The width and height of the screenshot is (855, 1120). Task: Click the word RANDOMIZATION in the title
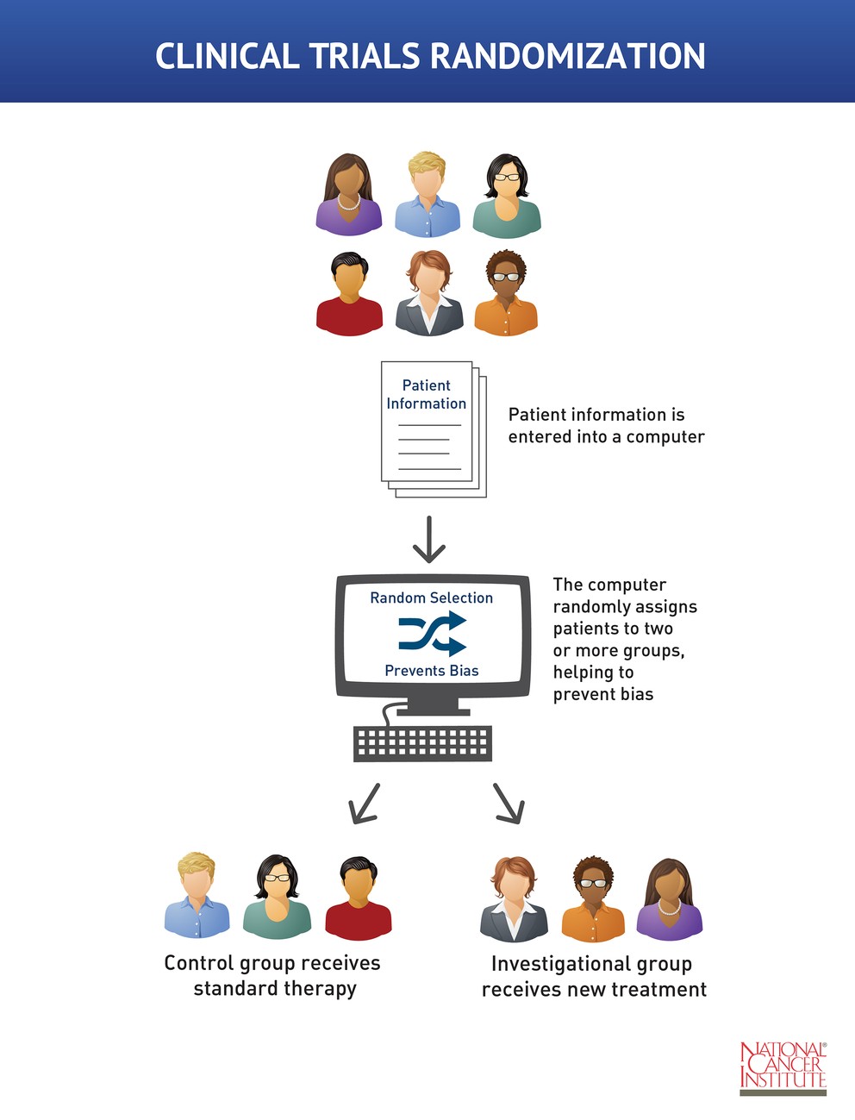point(567,56)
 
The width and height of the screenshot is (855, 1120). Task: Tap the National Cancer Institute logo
point(783,1067)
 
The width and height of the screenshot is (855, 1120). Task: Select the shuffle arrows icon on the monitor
point(432,634)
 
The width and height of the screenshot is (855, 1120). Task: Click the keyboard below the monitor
point(422,742)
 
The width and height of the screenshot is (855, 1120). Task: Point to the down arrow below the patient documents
point(428,539)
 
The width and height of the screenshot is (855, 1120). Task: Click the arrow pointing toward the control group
point(364,803)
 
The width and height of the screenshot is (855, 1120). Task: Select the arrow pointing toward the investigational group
point(509,803)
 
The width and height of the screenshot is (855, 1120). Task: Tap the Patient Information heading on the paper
point(426,394)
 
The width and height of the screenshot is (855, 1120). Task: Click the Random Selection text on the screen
point(431,598)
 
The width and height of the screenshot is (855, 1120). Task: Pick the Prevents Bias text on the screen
point(431,670)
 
